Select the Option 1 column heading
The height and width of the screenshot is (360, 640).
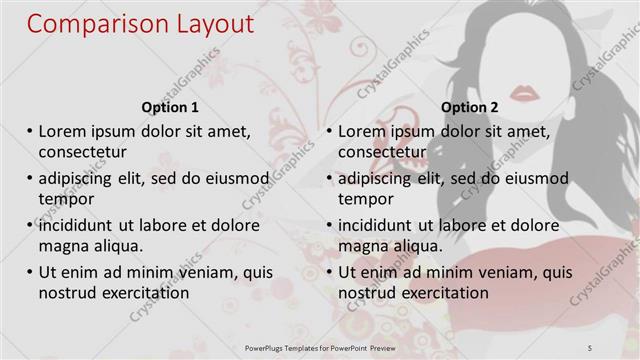pos(171,107)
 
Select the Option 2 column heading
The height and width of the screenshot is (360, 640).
pos(469,107)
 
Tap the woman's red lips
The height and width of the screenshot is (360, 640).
pos(524,93)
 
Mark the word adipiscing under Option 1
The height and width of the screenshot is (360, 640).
pos(82,178)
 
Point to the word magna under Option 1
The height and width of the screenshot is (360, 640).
pos(62,245)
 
